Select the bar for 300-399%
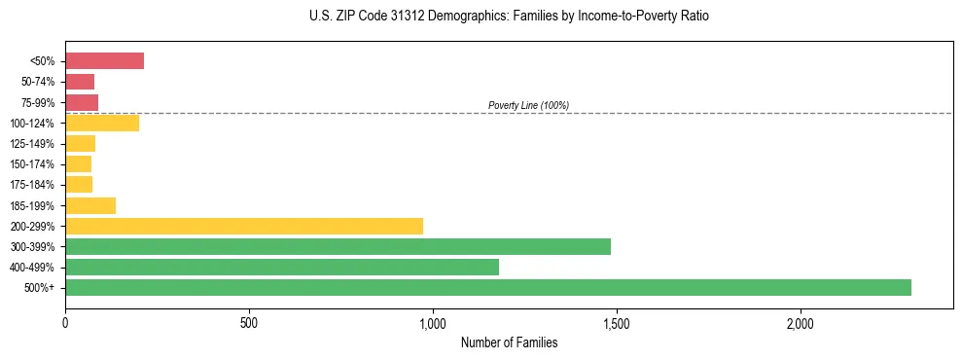tap(338, 246)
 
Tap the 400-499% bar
tap(282, 267)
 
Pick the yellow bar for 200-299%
tap(244, 226)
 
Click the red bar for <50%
tap(104, 61)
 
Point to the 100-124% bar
tap(102, 123)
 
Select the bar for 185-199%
tap(90, 205)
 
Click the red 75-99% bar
tap(82, 102)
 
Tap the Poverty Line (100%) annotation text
tap(528, 105)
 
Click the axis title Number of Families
tap(509, 342)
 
